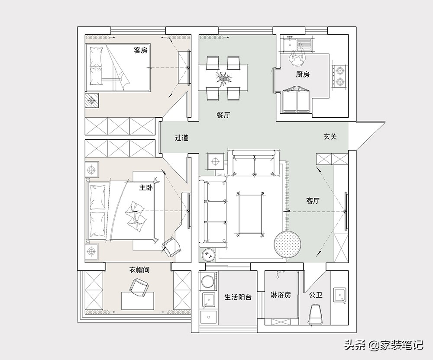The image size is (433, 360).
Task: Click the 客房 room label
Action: (x=141, y=50)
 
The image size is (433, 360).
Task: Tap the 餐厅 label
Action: (x=223, y=115)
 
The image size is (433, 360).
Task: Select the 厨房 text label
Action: (x=303, y=74)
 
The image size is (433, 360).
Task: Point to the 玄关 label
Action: (x=330, y=137)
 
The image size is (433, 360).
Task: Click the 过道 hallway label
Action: (x=181, y=137)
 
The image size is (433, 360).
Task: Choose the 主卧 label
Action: (x=146, y=188)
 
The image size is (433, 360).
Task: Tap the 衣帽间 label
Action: (x=139, y=270)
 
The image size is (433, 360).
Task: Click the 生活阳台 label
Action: (x=238, y=297)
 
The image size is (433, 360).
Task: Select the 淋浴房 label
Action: (x=281, y=295)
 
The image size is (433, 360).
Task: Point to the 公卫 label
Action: (x=316, y=295)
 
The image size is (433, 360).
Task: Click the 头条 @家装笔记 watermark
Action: (x=384, y=344)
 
